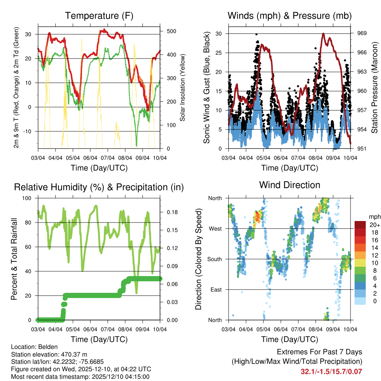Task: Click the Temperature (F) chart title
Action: coord(99,16)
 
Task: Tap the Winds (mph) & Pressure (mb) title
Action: coord(289,16)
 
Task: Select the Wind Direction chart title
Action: coord(289,185)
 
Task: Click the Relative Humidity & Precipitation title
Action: coord(99,187)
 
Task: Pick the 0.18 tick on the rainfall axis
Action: coord(170,212)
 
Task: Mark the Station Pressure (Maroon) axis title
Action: coord(375,87)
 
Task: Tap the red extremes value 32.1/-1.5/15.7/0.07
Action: coord(331,371)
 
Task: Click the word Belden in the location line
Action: coord(44,347)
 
